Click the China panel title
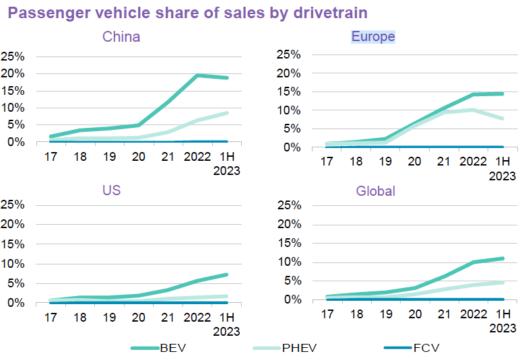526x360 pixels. pos(121,36)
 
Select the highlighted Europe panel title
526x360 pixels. pos(373,36)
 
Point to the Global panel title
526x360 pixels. pos(375,191)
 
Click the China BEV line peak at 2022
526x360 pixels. pos(197,75)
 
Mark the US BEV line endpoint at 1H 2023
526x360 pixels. pos(226,275)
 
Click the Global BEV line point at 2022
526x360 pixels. pos(473,262)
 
